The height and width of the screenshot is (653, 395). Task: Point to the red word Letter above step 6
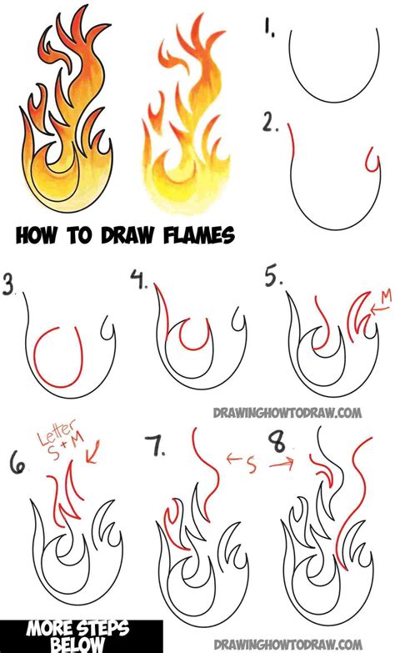pos(51,440)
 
